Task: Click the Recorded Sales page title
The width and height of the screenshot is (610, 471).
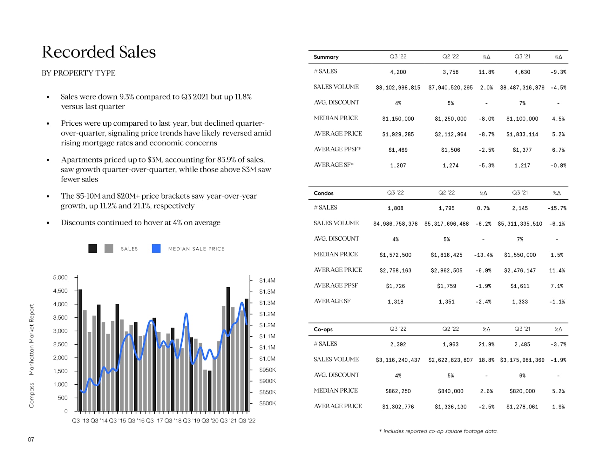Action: (x=99, y=52)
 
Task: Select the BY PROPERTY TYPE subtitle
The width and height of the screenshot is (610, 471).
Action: (x=78, y=73)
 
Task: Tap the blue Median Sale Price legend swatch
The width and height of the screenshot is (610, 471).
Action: (x=156, y=249)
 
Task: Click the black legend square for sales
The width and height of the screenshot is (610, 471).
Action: (x=92, y=249)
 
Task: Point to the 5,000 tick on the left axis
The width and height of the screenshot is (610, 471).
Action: (x=60, y=277)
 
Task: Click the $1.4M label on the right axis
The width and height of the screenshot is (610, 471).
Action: (x=267, y=281)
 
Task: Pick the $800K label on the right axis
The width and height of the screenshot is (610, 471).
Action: (x=268, y=403)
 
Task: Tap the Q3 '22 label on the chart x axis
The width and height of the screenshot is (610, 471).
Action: (x=247, y=421)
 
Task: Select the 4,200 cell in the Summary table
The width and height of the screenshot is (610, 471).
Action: (x=398, y=72)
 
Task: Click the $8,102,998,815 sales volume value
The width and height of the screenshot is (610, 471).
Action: (x=398, y=88)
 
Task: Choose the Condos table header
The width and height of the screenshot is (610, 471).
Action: (x=323, y=193)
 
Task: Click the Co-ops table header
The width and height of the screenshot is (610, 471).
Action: (x=323, y=329)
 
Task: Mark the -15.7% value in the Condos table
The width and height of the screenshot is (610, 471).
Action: (x=557, y=208)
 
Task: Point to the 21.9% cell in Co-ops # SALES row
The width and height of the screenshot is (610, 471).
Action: (x=486, y=344)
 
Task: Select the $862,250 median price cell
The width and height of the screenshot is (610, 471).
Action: (x=398, y=391)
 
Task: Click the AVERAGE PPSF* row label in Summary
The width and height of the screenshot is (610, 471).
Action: (x=337, y=149)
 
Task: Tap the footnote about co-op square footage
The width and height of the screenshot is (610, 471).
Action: (x=438, y=431)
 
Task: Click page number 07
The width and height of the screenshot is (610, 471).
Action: (x=31, y=440)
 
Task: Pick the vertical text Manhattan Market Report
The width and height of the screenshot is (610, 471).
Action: (x=31, y=340)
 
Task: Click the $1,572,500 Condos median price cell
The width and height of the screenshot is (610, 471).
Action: (x=395, y=255)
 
